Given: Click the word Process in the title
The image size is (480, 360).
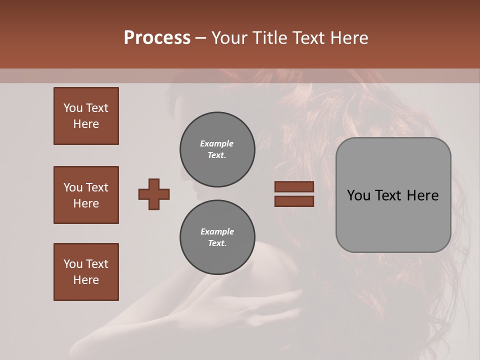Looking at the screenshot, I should coord(157,38).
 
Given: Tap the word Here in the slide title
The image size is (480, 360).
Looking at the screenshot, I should coord(348,38).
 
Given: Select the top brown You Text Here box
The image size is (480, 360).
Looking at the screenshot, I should coord(86,116).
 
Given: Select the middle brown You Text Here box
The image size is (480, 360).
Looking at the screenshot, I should coord(86,195).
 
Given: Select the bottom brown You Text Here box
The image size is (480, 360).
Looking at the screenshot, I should coord(86,272).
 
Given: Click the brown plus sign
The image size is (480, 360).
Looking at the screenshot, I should coord(154,194).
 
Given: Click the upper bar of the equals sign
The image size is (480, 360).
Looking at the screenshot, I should coord(294,186).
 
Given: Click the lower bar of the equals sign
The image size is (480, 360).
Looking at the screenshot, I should coord(294,201).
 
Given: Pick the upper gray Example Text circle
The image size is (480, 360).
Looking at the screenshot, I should coord(217,149).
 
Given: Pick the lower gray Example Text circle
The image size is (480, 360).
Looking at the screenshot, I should coord(217,237).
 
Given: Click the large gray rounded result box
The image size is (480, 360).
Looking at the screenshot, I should coord(393,220).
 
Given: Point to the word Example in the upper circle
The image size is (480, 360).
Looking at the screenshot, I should coord(217,143).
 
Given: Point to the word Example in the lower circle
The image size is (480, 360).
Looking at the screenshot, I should coord(217,231).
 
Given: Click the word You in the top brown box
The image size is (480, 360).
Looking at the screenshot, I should coord(73,108).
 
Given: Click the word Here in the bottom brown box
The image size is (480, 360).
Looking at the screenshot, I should coord(86,280).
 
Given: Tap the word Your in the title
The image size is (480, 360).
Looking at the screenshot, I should coord(229,38).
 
